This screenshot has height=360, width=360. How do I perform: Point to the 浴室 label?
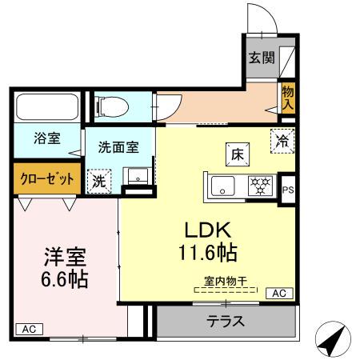46,139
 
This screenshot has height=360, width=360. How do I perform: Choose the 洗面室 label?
118,147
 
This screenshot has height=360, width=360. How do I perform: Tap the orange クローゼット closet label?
46,178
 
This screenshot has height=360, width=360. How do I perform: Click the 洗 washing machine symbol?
98,180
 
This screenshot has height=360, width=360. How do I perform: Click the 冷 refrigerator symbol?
282,139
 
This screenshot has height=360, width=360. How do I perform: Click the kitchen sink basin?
222,187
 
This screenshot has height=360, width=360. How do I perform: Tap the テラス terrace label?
226,322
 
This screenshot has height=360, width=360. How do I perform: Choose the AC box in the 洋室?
27,329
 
